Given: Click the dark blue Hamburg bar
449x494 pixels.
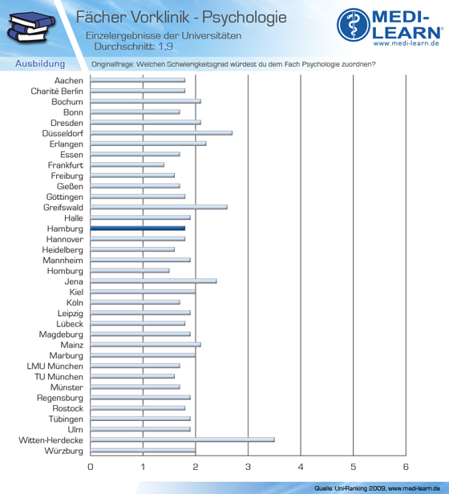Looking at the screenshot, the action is (138, 229).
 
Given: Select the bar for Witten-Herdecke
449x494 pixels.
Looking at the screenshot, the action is (183, 439).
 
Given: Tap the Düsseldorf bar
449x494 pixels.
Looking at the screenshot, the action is (161, 133).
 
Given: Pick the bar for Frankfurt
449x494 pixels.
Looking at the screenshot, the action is (127, 164).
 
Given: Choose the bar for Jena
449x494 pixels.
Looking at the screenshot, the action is (153, 281).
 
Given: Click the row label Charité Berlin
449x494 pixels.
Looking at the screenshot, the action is (57, 91).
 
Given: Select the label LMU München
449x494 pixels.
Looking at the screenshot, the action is (55, 366).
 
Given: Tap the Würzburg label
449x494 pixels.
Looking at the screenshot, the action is (64, 451).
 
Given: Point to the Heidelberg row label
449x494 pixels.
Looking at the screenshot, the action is (63, 250).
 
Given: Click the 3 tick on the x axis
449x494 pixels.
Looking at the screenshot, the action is (248, 467).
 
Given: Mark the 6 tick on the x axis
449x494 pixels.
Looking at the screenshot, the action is (406, 467).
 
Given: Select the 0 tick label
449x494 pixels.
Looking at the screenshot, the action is (91, 467).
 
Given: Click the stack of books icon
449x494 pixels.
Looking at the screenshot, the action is (30, 27).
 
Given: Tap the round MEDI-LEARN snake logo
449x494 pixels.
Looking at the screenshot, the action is (354, 25).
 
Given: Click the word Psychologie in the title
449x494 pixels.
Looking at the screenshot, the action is (245, 18).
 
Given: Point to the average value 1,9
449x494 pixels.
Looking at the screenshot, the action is (165, 47).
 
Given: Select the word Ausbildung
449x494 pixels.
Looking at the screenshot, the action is (40, 63).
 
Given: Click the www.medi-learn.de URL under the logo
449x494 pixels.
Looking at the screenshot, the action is (407, 43).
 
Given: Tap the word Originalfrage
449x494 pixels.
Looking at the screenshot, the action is (112, 64).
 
